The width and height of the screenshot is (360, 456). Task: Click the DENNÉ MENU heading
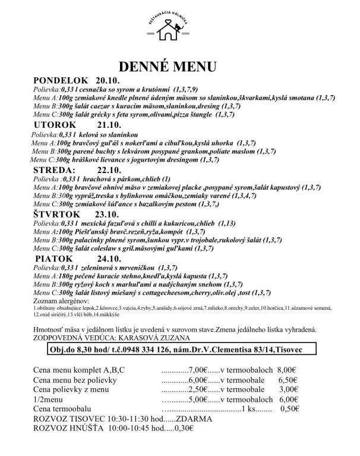coord(168,64)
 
